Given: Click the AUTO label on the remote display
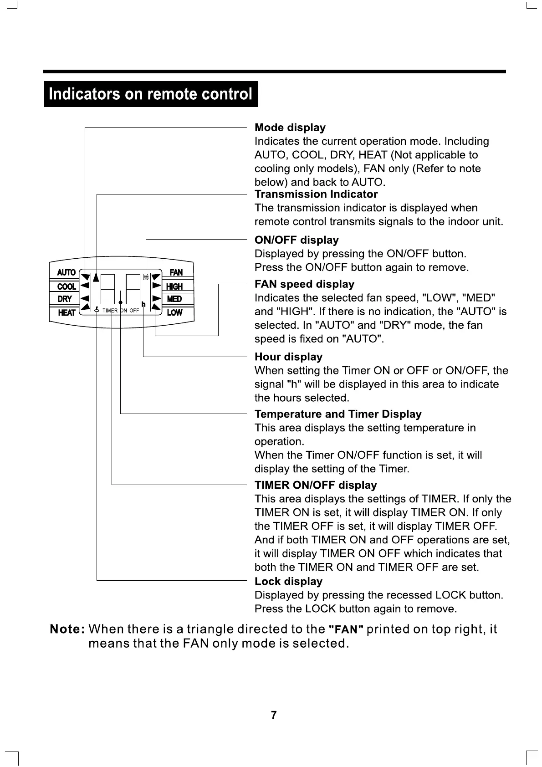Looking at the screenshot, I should (66, 272).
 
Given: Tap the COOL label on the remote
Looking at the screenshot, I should (66, 286).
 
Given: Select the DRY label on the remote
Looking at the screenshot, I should (65, 299).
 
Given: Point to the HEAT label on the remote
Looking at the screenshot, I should (66, 312).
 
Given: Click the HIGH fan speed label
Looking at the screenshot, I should (174, 286).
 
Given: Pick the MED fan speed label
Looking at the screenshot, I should (174, 299).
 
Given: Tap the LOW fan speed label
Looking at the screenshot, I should (174, 312).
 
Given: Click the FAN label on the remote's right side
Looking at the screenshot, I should (176, 272).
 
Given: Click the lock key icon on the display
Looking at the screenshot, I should (97, 310).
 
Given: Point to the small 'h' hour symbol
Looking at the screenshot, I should (143, 304).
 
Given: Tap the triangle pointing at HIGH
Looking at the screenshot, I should (156, 286).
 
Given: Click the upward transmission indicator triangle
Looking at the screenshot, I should (96, 277).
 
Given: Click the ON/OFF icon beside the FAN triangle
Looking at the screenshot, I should (146, 276).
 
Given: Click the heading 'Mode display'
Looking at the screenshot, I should (290, 128).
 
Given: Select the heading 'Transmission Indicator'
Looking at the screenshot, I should (316, 194).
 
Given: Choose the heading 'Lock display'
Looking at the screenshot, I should (288, 582).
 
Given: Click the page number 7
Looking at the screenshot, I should (273, 715).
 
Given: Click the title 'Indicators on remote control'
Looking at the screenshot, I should (150, 94).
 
